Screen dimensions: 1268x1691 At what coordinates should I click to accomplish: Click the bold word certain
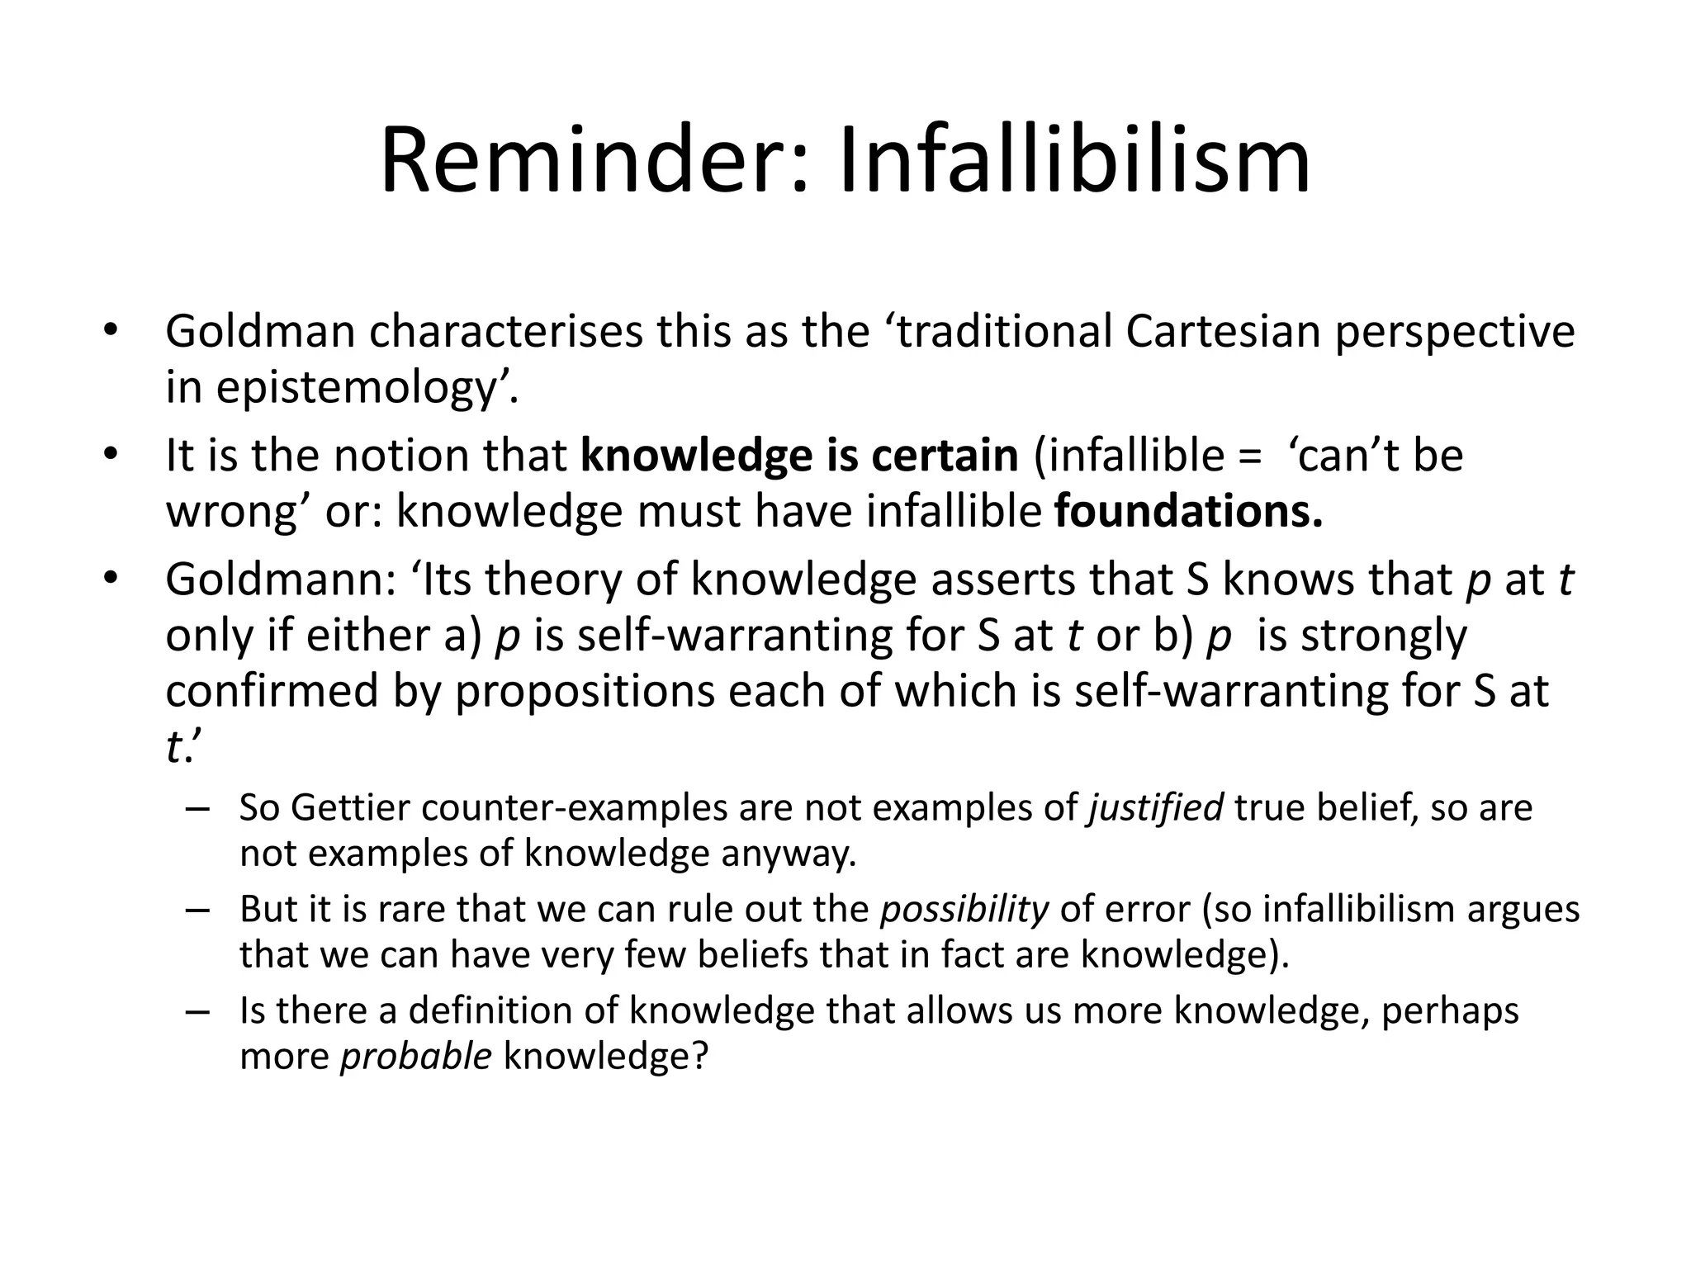click(945, 455)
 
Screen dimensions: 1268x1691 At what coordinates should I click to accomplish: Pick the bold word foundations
click(1189, 511)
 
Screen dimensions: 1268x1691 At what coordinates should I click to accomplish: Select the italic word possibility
click(964, 909)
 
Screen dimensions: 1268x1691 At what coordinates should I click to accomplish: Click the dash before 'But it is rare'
click(198, 910)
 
